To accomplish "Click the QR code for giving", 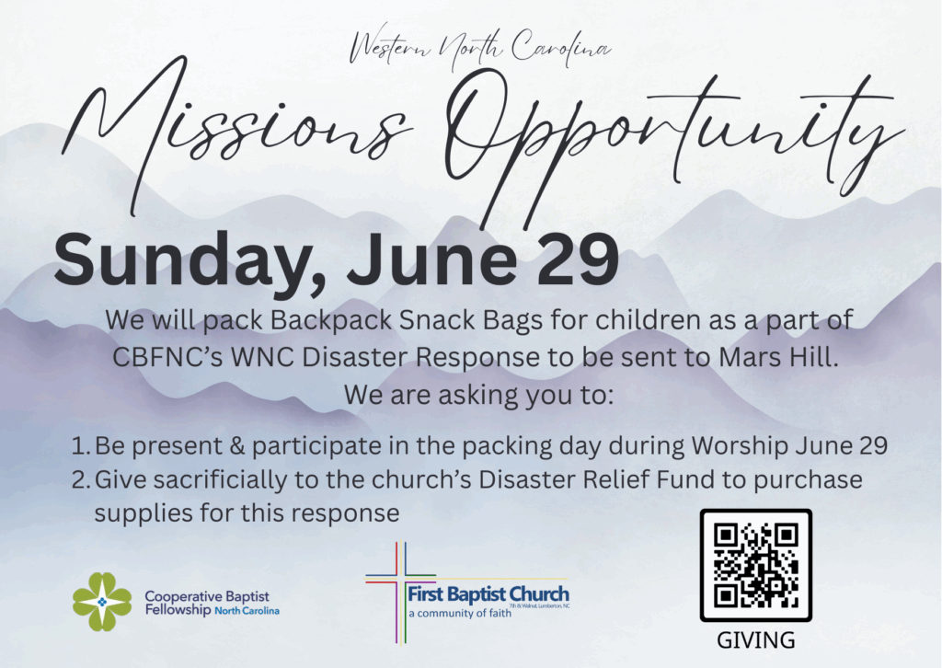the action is coord(756,565).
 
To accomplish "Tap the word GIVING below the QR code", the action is coord(756,640).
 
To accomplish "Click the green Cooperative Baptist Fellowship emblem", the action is coord(102,602).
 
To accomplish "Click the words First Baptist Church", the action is coord(488,594).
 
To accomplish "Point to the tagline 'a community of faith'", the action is coord(460,614).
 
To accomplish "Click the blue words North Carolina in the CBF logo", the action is coord(247,611).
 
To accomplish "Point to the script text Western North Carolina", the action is coord(479,48).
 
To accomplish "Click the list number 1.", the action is coord(80,446).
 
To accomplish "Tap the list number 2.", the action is coord(81,480).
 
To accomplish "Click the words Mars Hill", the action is coord(778,357).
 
